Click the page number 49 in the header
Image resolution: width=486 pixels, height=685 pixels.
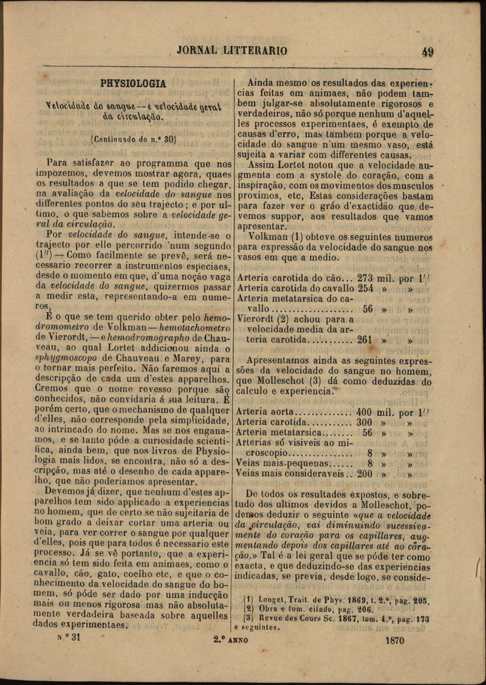click(x=427, y=52)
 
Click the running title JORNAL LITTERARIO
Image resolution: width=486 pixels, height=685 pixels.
click(x=232, y=50)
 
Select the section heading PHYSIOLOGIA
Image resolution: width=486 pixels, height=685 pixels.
click(x=133, y=84)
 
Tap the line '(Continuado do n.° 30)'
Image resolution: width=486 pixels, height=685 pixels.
click(x=133, y=139)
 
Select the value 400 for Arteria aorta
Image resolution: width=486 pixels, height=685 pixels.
click(x=364, y=411)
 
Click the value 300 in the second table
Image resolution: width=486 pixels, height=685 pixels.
click(x=364, y=422)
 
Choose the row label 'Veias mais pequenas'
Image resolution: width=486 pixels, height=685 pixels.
click(x=278, y=464)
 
